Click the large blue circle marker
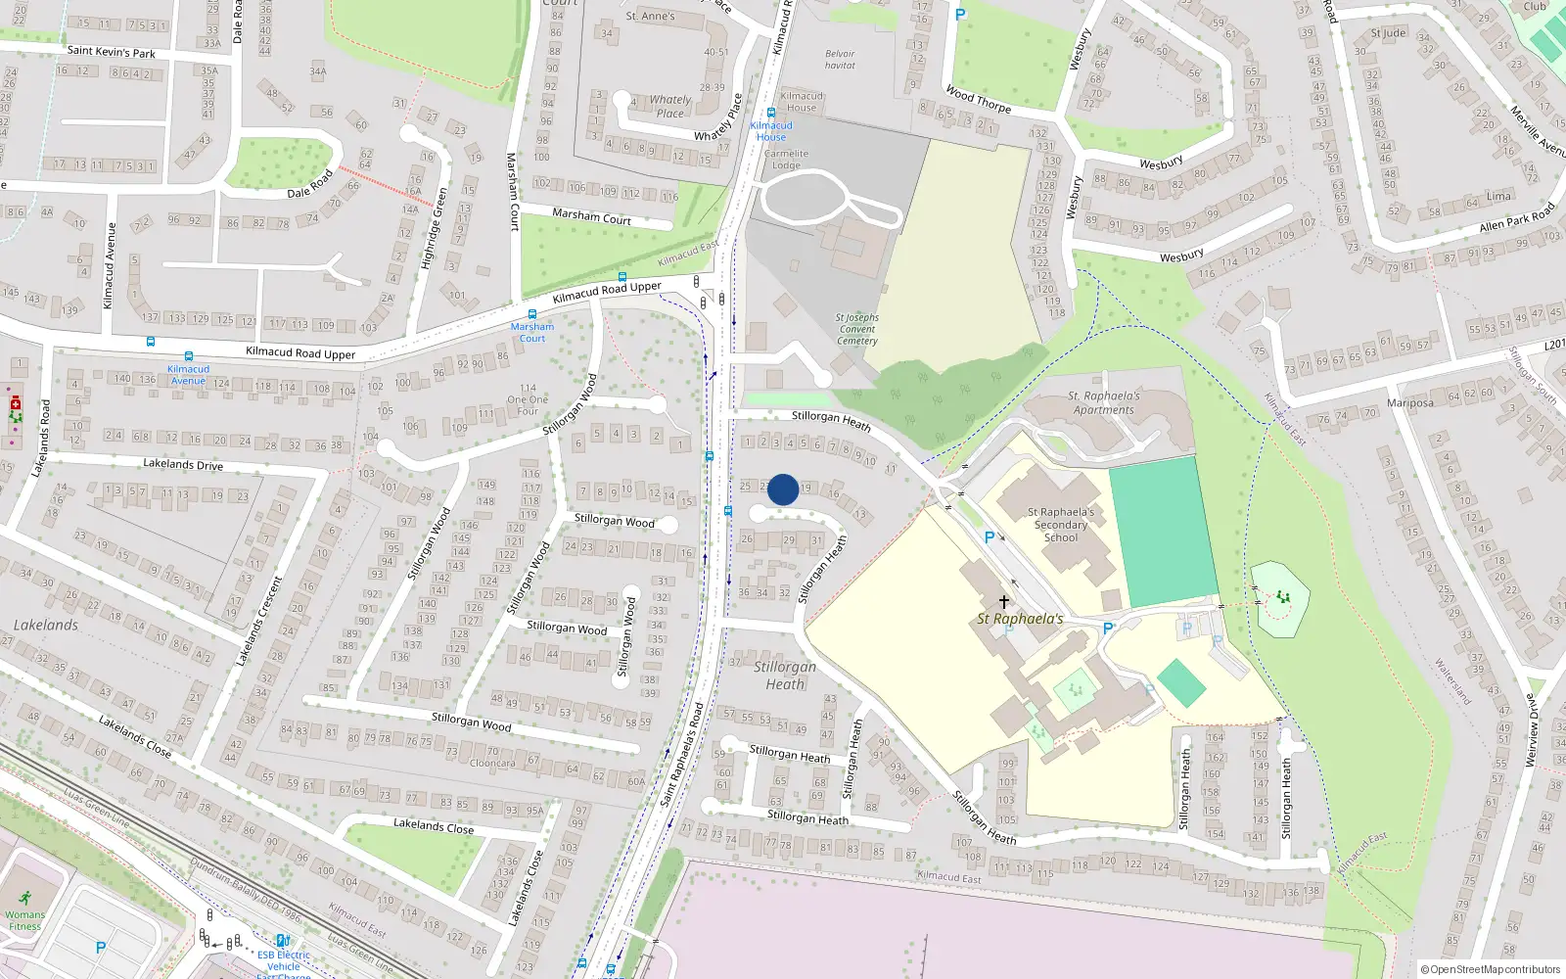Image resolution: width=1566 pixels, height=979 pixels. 783,489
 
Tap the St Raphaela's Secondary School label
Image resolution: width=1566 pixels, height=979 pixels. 1061,525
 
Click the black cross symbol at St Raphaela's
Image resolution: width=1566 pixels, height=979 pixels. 1003,601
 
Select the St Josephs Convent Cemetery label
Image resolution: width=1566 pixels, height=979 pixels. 856,329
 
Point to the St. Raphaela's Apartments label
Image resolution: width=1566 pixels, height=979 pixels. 1103,403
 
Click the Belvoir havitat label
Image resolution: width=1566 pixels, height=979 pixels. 840,60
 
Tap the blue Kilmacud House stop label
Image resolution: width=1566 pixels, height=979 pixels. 771,131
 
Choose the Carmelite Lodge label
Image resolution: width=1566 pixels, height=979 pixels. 786,160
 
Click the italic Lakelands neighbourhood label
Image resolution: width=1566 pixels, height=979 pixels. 46,625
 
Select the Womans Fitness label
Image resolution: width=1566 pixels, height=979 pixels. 25,920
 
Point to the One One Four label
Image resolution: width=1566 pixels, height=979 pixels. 528,399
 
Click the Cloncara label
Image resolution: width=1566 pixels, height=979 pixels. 491,764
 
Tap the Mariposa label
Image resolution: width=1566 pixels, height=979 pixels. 1409,403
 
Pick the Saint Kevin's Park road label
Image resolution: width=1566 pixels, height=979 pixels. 111,52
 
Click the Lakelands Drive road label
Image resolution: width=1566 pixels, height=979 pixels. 183,464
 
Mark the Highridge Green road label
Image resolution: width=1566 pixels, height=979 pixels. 433,228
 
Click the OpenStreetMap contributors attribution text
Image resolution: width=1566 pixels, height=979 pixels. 1494,969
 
